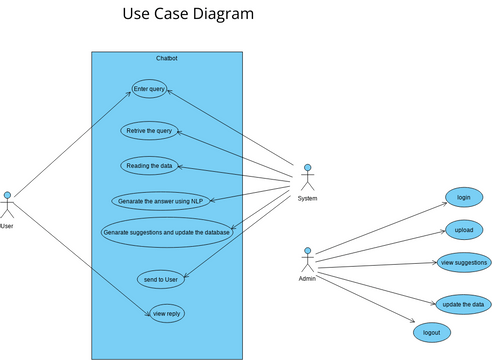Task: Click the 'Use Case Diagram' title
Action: (x=187, y=14)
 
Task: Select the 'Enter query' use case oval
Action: (x=149, y=89)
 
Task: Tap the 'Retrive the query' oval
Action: (x=149, y=131)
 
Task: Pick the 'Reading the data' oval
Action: (x=149, y=165)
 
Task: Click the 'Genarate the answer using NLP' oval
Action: (x=160, y=201)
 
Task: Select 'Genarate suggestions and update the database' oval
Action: (x=167, y=232)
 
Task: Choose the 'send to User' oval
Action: (x=162, y=279)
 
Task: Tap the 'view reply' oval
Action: (x=167, y=314)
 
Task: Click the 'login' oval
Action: (x=463, y=197)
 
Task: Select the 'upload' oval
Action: (x=463, y=230)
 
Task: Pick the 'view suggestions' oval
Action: (x=463, y=263)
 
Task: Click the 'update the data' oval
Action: (x=463, y=304)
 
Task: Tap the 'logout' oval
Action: (x=431, y=331)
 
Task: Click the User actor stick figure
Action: (x=9, y=205)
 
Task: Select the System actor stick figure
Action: (x=308, y=177)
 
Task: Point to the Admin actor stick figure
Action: (x=308, y=259)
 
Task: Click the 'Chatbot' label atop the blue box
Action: (x=167, y=59)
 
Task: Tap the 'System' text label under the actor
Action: (x=308, y=198)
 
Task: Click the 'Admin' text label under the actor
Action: (x=308, y=279)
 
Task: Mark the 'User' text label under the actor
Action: (x=8, y=226)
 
